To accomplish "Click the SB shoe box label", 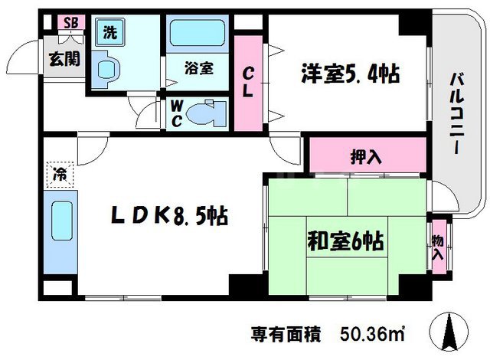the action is tap(71, 22).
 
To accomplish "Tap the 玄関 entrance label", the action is tap(64, 59).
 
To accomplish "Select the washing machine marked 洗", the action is tap(110, 32).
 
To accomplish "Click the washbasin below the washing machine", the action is tap(106, 70).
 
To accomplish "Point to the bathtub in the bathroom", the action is tap(198, 33).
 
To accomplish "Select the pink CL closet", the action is tap(248, 83).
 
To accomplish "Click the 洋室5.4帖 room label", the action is tap(351, 74).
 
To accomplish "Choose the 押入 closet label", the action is tap(366, 156).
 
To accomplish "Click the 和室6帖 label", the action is tap(345, 241).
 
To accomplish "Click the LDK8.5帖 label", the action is tap(170, 215).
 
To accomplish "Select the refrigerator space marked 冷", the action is tap(60, 175).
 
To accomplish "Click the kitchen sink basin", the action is tap(62, 221).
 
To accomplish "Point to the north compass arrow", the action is tap(449, 332).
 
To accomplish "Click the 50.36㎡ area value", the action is tap(373, 334).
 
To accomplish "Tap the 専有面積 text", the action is tap(286, 335).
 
